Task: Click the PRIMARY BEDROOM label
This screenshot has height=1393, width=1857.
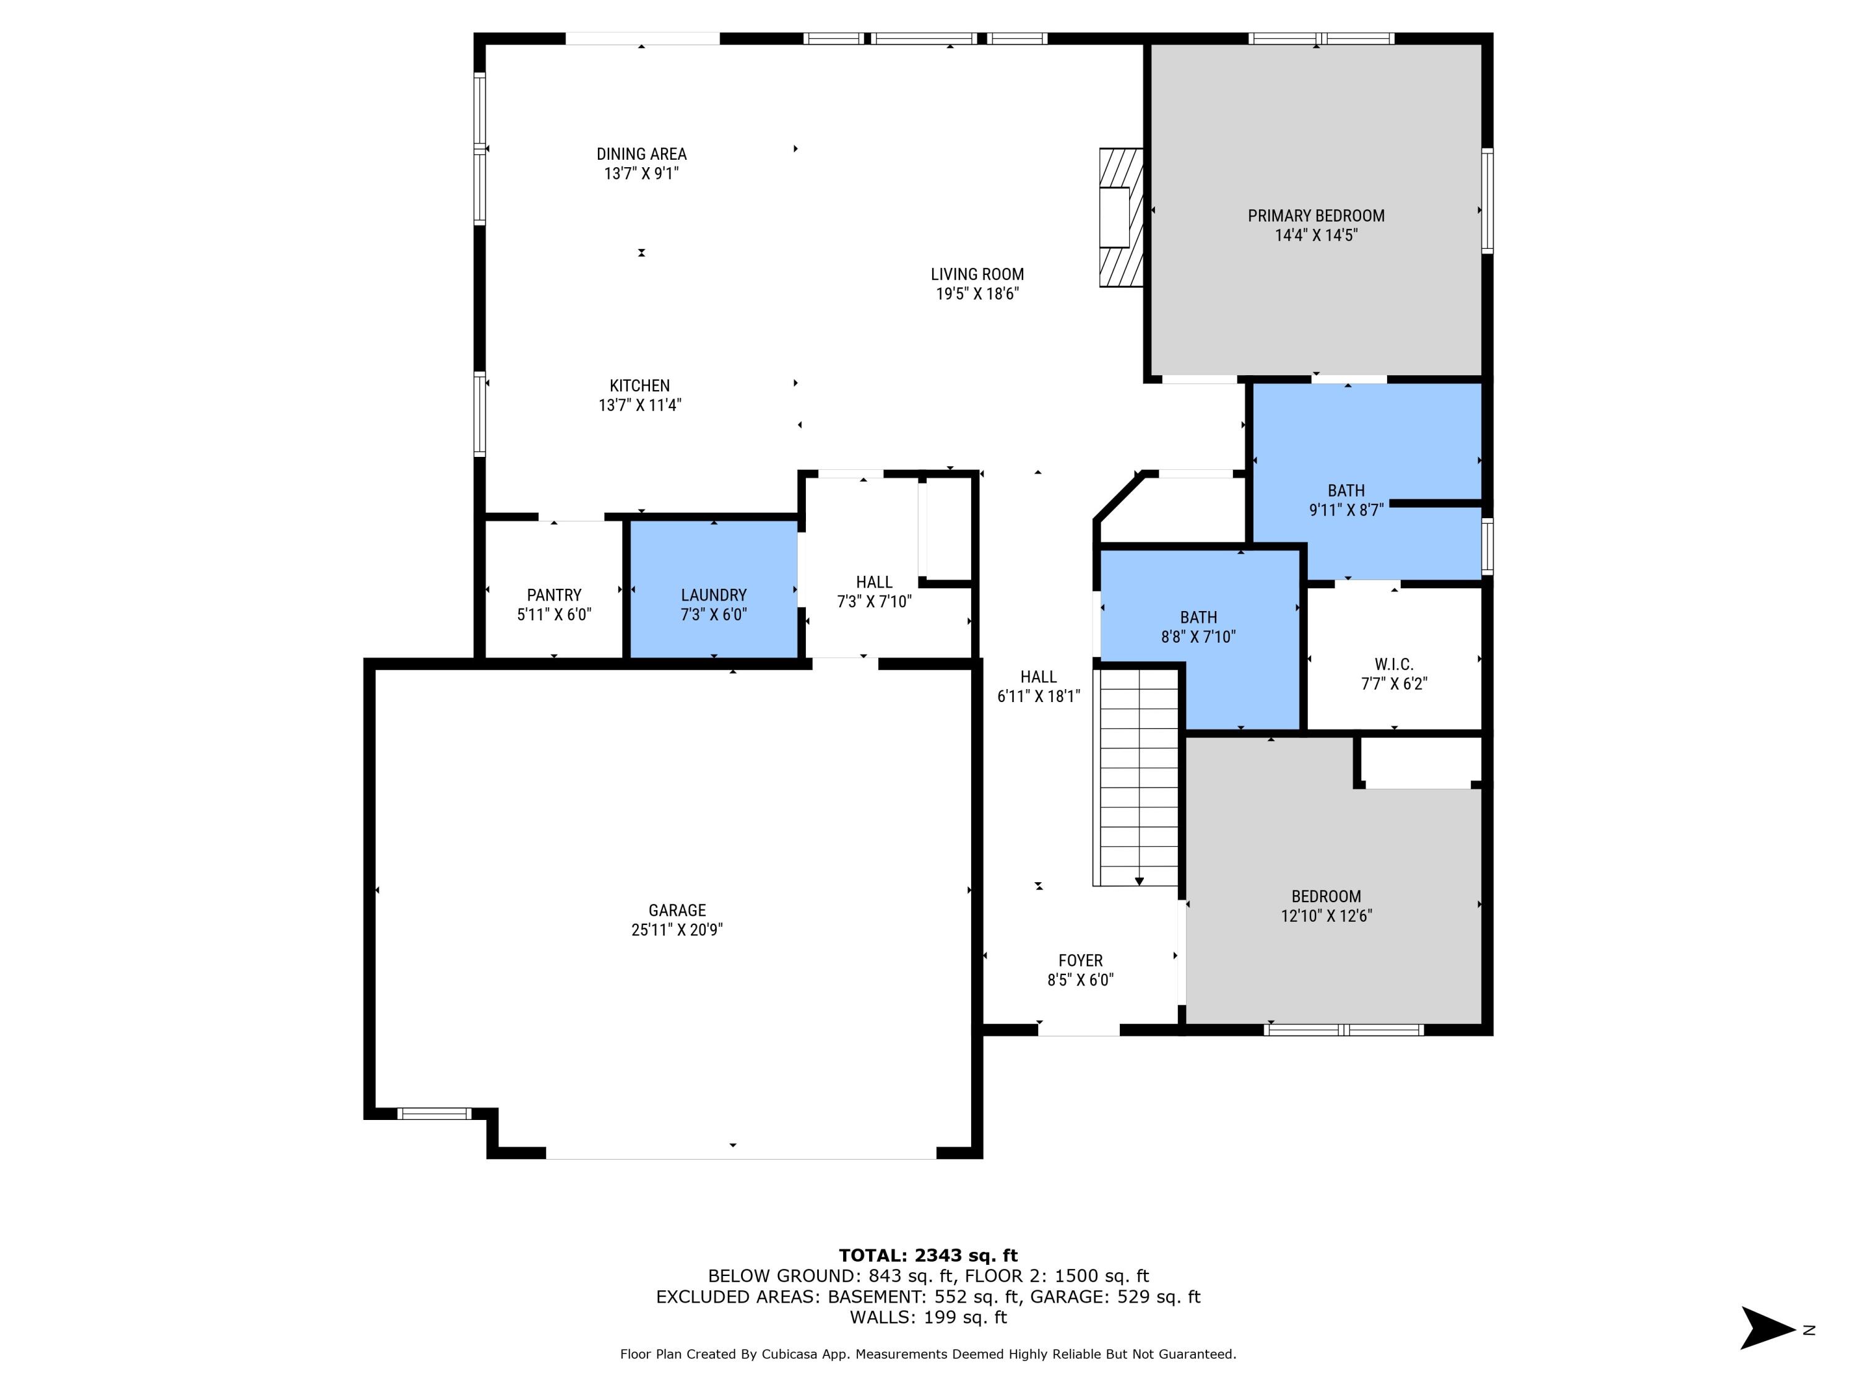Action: click(x=1315, y=216)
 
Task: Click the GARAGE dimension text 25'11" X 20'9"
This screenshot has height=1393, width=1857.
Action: click(x=677, y=929)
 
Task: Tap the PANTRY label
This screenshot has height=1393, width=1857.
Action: click(x=554, y=594)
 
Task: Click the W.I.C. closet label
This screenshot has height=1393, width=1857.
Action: click(x=1393, y=664)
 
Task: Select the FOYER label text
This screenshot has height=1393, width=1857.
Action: click(x=1080, y=960)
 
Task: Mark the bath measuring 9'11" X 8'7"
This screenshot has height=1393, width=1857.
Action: click(x=1346, y=500)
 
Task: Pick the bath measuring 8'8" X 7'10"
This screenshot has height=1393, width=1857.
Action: click(x=1198, y=627)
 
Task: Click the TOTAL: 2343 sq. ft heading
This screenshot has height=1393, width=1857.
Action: click(x=928, y=1256)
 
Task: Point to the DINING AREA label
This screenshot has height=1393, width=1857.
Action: click(x=641, y=154)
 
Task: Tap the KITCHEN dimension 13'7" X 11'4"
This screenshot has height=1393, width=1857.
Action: click(x=639, y=406)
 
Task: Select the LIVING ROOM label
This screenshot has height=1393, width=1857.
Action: click(x=977, y=274)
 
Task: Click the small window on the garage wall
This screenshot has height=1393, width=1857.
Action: click(x=434, y=1113)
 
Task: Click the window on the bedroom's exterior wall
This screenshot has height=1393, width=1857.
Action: click(x=1343, y=1030)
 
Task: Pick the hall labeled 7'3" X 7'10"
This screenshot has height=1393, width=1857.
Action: click(x=874, y=591)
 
